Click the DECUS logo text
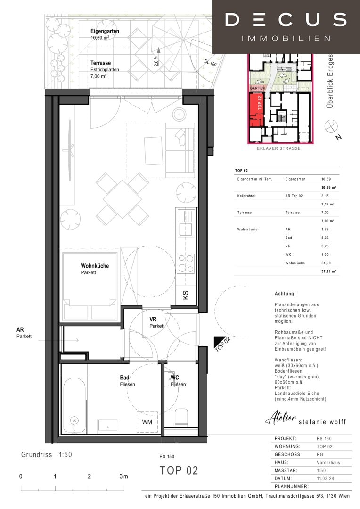point(286,20)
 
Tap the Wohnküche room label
point(94,266)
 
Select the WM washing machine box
point(147,422)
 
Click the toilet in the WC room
point(181,417)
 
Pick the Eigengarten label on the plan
point(105,32)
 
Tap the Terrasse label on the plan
point(100,63)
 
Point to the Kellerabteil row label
point(247,196)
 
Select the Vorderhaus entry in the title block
point(328,462)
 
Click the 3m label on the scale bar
point(123,476)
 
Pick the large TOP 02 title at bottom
point(179,470)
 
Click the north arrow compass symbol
point(332,126)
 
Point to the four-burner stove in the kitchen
point(186,263)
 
